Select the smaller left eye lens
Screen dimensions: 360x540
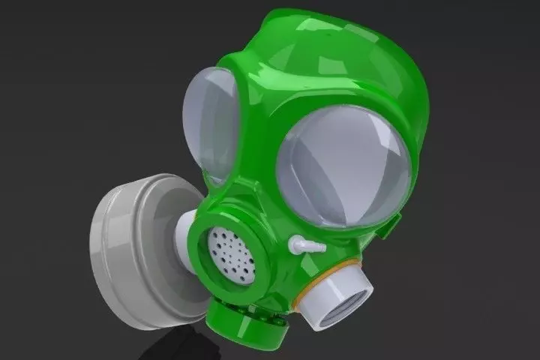[214, 124]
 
